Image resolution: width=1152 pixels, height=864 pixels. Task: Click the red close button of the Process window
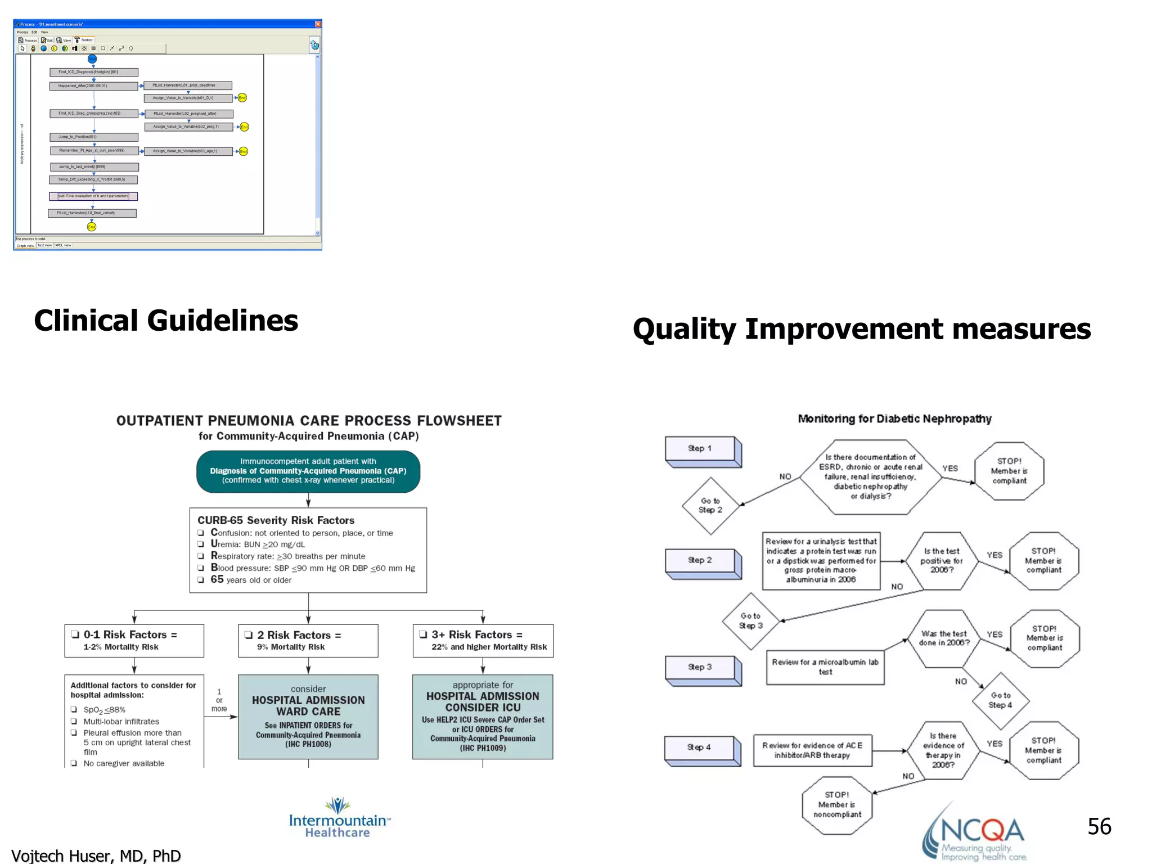click(318, 24)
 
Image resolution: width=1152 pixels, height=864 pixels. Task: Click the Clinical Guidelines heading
click(166, 321)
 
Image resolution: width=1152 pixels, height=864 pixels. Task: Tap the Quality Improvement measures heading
click(861, 329)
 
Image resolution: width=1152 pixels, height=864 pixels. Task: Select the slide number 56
click(1099, 826)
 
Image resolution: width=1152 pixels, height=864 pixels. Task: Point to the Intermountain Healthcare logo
click(338, 819)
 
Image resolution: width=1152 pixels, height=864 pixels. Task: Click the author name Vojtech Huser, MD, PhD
click(96, 855)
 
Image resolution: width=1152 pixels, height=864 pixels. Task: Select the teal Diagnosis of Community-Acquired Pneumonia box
click(308, 471)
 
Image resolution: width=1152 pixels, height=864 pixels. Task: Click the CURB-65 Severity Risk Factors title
click(276, 520)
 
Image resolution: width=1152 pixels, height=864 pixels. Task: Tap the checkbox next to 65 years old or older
click(201, 580)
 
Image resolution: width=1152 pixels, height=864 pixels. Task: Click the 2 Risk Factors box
click(308, 640)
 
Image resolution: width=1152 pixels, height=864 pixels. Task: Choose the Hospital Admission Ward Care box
click(308, 717)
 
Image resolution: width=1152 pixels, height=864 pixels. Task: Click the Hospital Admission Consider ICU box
click(482, 717)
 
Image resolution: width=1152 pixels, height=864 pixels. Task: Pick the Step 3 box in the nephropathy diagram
click(700, 668)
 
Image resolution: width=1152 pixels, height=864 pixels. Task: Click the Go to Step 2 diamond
click(710, 505)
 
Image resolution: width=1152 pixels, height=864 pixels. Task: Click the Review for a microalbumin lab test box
click(825, 667)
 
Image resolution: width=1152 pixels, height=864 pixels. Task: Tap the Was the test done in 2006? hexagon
click(944, 638)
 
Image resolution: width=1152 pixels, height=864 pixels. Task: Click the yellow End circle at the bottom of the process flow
click(92, 227)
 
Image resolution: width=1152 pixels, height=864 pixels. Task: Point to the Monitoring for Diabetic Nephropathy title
click(894, 418)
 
